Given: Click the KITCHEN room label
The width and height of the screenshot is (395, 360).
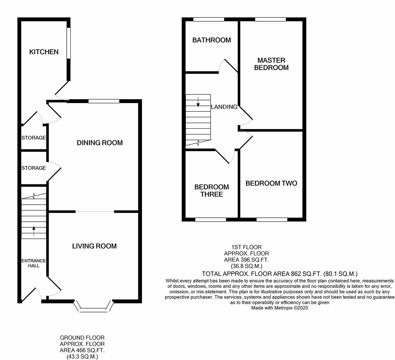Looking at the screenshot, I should [x=44, y=52].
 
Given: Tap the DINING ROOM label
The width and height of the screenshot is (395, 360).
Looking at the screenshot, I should [x=100, y=143].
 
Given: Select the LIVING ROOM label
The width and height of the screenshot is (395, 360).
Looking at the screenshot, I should [x=94, y=246].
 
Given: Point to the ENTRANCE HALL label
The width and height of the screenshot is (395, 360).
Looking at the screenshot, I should [x=34, y=263].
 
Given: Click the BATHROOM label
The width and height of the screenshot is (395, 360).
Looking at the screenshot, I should [x=211, y=40].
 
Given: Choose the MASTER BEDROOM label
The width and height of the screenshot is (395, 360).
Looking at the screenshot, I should [x=271, y=64].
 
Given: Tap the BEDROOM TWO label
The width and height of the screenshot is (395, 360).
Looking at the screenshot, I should [x=271, y=183].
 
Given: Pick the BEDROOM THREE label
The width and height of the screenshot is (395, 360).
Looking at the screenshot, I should [x=211, y=191].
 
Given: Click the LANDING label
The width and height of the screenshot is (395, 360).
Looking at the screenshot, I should [x=224, y=107].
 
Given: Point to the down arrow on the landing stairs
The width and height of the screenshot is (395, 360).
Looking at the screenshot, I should [x=198, y=102].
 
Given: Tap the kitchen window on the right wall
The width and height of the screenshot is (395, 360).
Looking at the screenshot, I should [x=68, y=43].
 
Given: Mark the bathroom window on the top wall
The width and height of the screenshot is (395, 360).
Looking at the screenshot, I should [x=209, y=19].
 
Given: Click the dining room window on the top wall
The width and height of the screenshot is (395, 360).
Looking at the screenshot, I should [x=104, y=101].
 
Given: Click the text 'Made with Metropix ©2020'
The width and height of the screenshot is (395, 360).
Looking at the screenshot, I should [x=279, y=308].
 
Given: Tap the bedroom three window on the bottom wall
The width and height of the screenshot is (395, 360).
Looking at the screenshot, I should [x=210, y=219].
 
